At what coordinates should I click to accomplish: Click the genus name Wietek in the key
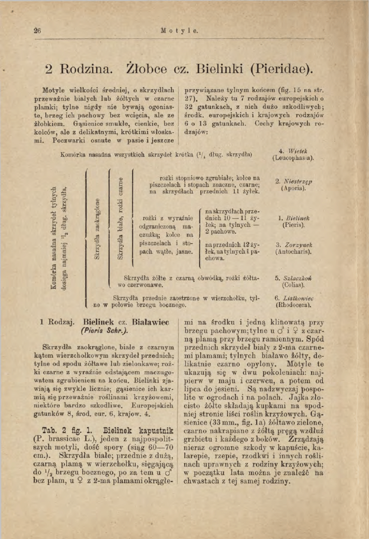(x=296, y=151)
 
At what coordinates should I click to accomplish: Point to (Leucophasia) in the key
(x=293, y=158)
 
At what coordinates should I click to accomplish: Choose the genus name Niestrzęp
(x=297, y=182)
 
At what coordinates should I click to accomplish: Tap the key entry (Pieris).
(x=293, y=226)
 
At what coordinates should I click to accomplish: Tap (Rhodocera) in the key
(x=293, y=305)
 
